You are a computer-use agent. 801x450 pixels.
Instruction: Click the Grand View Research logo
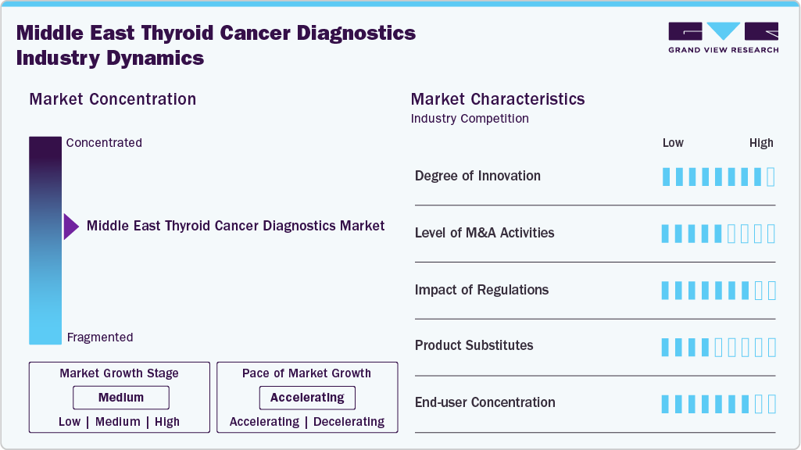(x=723, y=37)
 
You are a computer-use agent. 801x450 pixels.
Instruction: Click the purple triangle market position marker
(x=71, y=227)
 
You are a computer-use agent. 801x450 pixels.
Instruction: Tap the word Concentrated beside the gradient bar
(x=104, y=143)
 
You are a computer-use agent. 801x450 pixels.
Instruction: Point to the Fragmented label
(x=100, y=337)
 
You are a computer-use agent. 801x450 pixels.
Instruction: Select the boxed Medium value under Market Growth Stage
(x=120, y=398)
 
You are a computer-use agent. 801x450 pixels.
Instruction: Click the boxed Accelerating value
(x=307, y=398)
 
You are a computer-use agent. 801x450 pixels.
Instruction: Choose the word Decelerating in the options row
(x=349, y=422)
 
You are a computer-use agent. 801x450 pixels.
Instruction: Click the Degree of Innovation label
(x=477, y=176)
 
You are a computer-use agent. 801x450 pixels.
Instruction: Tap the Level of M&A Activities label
(x=485, y=233)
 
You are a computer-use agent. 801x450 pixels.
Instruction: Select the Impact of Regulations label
(x=481, y=290)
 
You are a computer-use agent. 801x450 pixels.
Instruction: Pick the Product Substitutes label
(x=474, y=345)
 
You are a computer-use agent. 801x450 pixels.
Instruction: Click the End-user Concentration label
(x=485, y=402)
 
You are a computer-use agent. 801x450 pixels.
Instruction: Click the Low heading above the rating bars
(x=673, y=143)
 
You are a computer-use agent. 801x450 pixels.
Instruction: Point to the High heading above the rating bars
(x=761, y=143)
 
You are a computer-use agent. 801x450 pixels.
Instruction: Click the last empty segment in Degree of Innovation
(x=771, y=177)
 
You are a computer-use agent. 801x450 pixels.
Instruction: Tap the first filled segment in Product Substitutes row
(x=666, y=347)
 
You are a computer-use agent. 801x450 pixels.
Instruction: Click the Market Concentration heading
(x=113, y=99)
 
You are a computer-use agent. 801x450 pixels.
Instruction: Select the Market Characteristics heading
(x=498, y=99)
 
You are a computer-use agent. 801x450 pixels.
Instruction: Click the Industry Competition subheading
(x=470, y=119)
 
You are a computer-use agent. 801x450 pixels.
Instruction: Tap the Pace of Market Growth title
(x=306, y=373)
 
